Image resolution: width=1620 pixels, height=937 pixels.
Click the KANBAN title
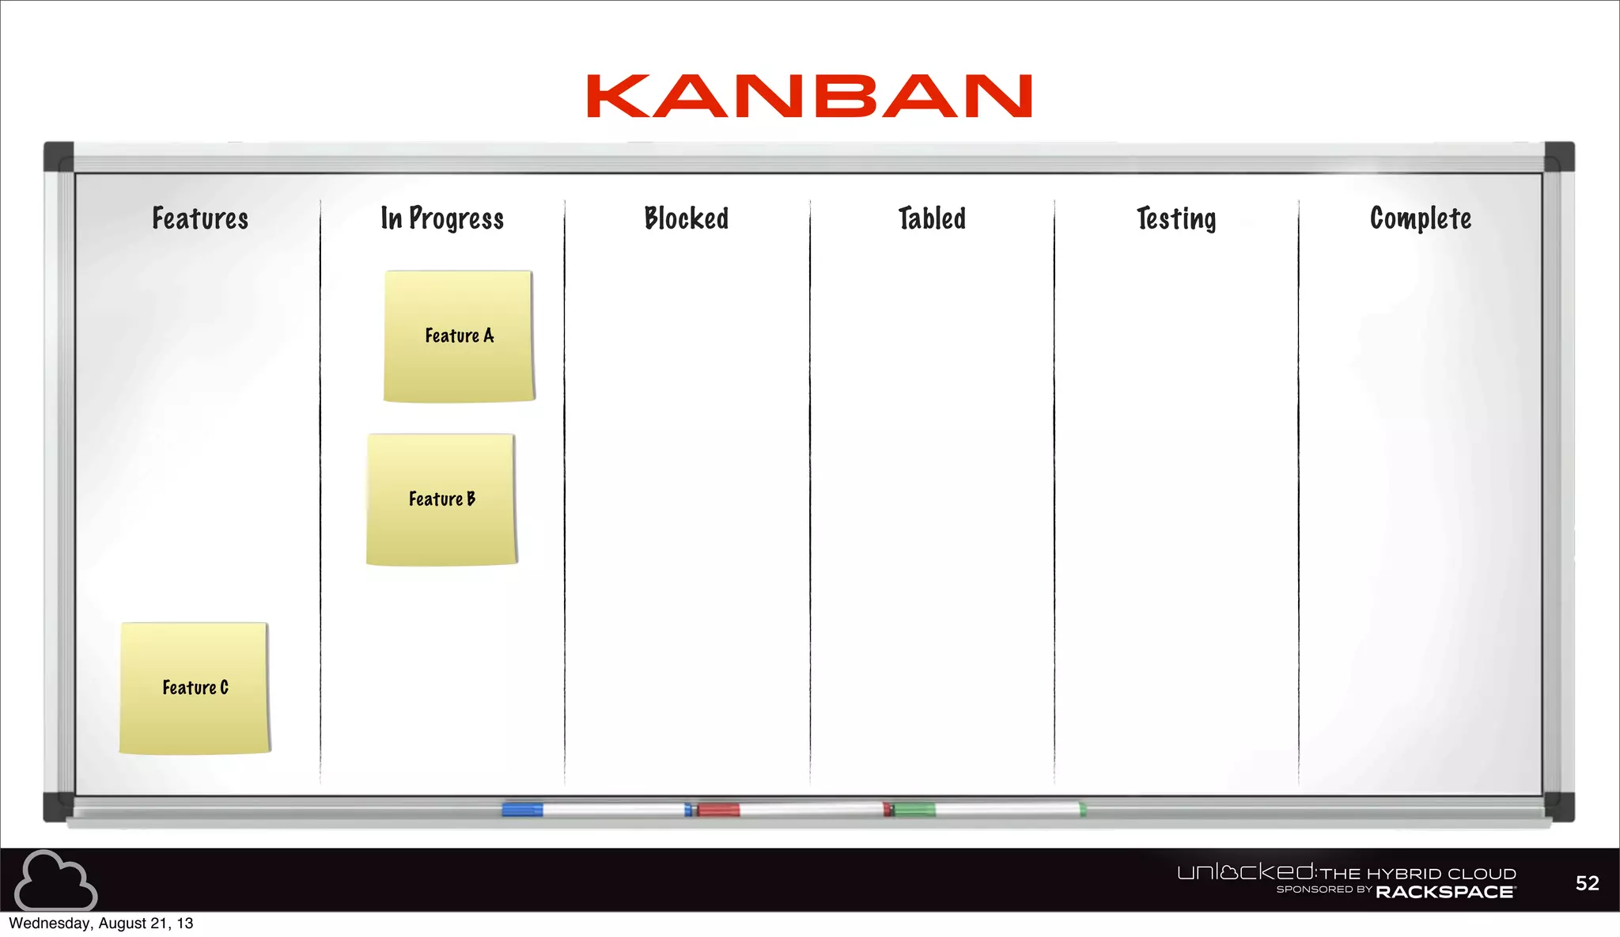click(809, 97)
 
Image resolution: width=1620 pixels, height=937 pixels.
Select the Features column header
click(200, 218)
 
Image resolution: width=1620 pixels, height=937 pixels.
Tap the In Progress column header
click(442, 218)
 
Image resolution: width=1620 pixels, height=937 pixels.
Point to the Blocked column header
click(687, 218)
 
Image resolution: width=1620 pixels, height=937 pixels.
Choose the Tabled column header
click(932, 218)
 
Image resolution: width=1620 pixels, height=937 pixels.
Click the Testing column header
click(1176, 219)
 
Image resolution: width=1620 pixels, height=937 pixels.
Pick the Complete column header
click(1421, 218)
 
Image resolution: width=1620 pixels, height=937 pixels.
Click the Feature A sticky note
click(459, 336)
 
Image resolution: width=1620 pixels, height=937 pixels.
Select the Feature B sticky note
click(441, 499)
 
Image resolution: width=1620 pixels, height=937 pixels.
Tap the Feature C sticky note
click(195, 688)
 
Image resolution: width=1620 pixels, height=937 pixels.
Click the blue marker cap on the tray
click(522, 809)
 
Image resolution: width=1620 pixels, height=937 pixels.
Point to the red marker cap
click(718, 810)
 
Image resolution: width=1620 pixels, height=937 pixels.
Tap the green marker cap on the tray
click(914, 809)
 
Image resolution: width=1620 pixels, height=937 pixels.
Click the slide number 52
click(1587, 883)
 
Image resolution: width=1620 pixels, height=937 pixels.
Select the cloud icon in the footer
click(55, 880)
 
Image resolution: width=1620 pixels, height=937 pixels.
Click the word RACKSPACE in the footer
click(1445, 892)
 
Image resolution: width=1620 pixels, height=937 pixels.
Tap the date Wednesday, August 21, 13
click(101, 924)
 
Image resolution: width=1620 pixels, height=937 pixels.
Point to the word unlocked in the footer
click(1245, 872)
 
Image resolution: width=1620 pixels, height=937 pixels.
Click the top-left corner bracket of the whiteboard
click(59, 157)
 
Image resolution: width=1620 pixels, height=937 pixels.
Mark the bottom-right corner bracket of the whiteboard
click(1558, 806)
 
